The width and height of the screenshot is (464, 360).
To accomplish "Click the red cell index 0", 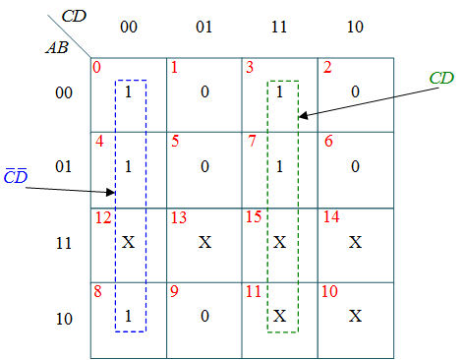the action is pos(96,68).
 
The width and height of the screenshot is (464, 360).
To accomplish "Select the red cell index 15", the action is pos(254,216).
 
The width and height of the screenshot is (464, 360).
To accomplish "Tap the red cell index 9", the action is pos(174,291).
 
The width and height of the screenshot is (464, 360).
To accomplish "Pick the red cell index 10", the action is pos(329,291).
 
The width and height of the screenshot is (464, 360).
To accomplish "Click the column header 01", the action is pos(203,28).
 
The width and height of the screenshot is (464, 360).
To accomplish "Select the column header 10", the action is pos(355,28).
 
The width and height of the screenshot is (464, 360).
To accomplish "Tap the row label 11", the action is pos(63,242).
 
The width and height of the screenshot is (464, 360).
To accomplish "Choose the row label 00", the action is pos(63,91).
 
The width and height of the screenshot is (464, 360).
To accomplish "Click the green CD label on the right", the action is pos(441,78).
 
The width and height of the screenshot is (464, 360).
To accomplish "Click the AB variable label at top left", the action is pos(56,46).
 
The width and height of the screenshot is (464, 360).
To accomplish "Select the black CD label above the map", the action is pos(73,16).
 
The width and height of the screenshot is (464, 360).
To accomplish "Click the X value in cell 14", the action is pos(356,241).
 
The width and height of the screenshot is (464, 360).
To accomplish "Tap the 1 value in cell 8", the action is pos(129,317).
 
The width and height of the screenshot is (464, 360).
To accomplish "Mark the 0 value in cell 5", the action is pos(203,166).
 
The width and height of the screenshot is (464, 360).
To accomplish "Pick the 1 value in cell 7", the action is pos(280,166).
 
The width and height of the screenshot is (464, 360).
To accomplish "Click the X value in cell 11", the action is pos(280,317).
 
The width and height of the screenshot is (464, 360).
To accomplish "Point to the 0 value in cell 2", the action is pos(356,91).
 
